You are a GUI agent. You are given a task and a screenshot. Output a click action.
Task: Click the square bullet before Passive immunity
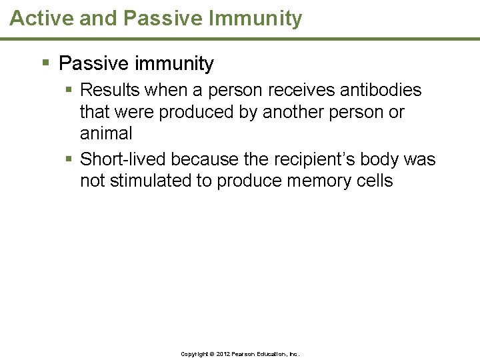45,63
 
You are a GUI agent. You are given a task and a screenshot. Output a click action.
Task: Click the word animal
106,133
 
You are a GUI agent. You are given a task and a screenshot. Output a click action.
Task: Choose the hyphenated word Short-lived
123,159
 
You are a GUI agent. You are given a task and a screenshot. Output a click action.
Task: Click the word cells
375,181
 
